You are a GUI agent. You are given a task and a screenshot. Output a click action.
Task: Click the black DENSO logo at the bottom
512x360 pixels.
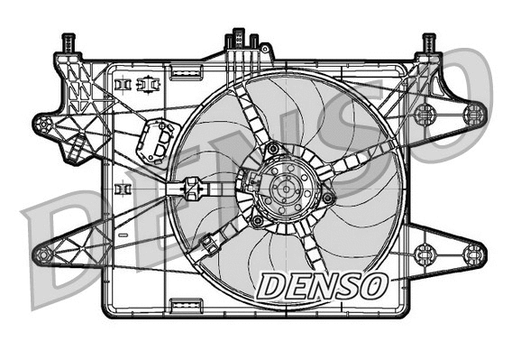(x=321, y=286)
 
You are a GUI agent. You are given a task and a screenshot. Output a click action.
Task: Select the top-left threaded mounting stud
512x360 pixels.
(x=67, y=42)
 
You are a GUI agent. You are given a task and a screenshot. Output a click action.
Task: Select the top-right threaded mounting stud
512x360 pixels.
(x=429, y=42)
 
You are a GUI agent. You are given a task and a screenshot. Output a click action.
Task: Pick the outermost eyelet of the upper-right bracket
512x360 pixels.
(x=474, y=113)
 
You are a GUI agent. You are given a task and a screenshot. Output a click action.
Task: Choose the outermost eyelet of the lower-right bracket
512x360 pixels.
(x=474, y=254)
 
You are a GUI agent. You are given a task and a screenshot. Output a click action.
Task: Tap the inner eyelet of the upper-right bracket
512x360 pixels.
(x=425, y=114)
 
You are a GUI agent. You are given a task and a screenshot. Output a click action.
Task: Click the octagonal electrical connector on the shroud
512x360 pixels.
(x=154, y=143)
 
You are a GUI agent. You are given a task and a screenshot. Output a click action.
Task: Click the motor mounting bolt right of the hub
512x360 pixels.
(x=328, y=197)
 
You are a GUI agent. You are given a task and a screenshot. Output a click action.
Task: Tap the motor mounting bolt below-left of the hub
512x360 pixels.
(x=259, y=221)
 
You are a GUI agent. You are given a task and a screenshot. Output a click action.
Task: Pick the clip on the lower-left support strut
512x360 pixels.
(x=210, y=242)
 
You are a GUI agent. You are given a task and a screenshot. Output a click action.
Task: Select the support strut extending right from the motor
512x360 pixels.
(x=361, y=162)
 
